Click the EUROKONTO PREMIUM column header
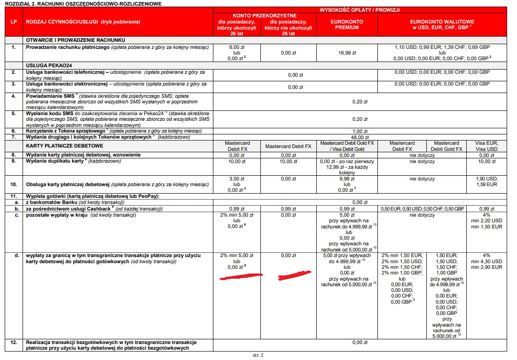[x=347, y=24]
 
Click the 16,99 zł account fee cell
[x=347, y=53]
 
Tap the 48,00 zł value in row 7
[x=360, y=137]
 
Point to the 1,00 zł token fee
[x=360, y=131]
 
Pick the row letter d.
[x=17, y=256]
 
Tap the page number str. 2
[x=258, y=355]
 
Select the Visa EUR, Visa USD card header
[x=486, y=146]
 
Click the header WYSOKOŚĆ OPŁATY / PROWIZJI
[x=360, y=9]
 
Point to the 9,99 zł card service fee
[x=347, y=179]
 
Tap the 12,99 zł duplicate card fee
[x=347, y=167]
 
